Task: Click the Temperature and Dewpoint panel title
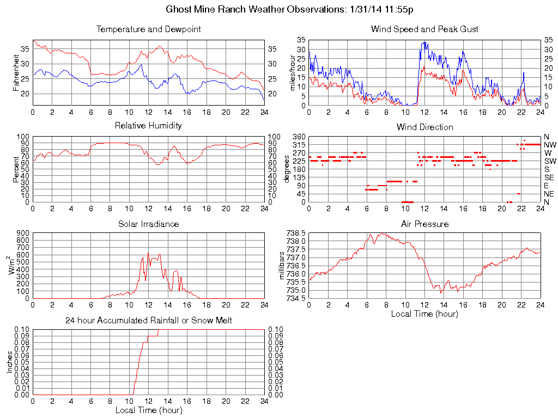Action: [x=148, y=29]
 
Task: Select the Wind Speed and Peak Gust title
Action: [x=424, y=29]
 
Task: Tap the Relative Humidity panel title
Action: [x=148, y=126]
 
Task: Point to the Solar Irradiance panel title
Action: [x=148, y=224]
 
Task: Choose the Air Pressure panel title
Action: [x=424, y=224]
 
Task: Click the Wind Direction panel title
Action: [x=424, y=127]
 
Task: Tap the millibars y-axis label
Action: [x=282, y=265]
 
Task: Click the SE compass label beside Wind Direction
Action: [x=549, y=177]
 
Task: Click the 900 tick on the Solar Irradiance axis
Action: [x=22, y=233]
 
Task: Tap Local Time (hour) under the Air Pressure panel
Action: [x=424, y=313]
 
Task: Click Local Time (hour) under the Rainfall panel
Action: [x=148, y=410]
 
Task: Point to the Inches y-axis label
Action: [x=9, y=362]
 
